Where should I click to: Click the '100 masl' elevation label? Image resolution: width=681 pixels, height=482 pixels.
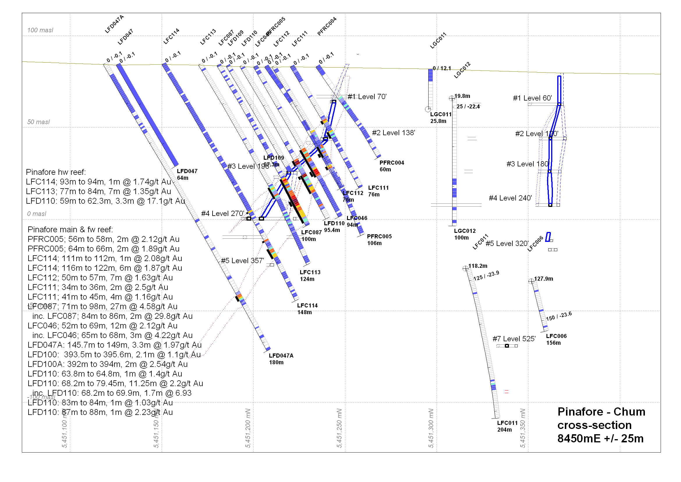[40, 30]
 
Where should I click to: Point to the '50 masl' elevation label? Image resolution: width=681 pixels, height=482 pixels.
[38, 122]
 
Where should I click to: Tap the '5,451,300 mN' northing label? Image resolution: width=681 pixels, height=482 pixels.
[431, 428]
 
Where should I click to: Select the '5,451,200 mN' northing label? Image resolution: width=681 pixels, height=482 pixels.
[248, 428]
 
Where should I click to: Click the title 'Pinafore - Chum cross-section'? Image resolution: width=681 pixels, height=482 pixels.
[601, 425]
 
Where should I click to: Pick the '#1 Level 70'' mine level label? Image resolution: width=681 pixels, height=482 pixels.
[367, 97]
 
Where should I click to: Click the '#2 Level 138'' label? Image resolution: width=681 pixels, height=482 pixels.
[393, 133]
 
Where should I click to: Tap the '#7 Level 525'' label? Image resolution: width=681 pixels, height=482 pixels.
[514, 339]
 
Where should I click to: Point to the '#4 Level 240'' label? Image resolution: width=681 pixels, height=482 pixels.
[510, 198]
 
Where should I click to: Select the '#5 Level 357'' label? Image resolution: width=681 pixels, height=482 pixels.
[242, 261]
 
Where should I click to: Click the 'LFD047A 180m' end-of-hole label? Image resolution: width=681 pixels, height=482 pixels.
[281, 359]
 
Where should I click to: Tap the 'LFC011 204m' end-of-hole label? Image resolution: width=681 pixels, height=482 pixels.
[507, 427]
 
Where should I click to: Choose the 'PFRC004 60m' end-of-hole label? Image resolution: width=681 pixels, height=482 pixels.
[392, 166]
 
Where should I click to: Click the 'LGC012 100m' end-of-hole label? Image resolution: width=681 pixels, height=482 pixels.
[464, 235]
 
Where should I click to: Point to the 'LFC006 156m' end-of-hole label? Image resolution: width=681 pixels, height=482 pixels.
[556, 339]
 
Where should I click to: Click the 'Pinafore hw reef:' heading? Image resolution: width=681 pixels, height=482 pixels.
[56, 173]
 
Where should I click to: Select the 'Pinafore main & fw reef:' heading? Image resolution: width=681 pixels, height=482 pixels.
[70, 230]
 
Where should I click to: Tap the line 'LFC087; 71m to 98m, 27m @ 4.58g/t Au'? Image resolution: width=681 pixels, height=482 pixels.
[102, 307]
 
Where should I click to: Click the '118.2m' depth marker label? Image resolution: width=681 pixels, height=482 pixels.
[477, 266]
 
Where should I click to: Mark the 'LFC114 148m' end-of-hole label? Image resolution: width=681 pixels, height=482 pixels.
[307, 309]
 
